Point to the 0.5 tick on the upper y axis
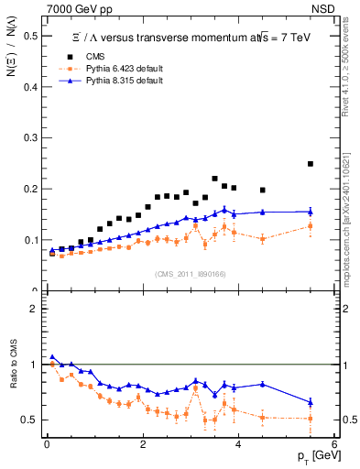pyautogui.click(x=35, y=36)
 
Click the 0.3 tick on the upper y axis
pyautogui.click(x=35, y=138)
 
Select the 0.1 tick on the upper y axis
pyautogui.click(x=35, y=240)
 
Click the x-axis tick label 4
pyautogui.click(x=238, y=446)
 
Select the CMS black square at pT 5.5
pyautogui.click(x=311, y=164)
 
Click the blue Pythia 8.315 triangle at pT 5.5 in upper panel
pyautogui.click(x=311, y=212)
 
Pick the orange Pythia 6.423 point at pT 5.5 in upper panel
pyautogui.click(x=311, y=226)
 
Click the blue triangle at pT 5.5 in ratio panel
pyautogui.click(x=311, y=402)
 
